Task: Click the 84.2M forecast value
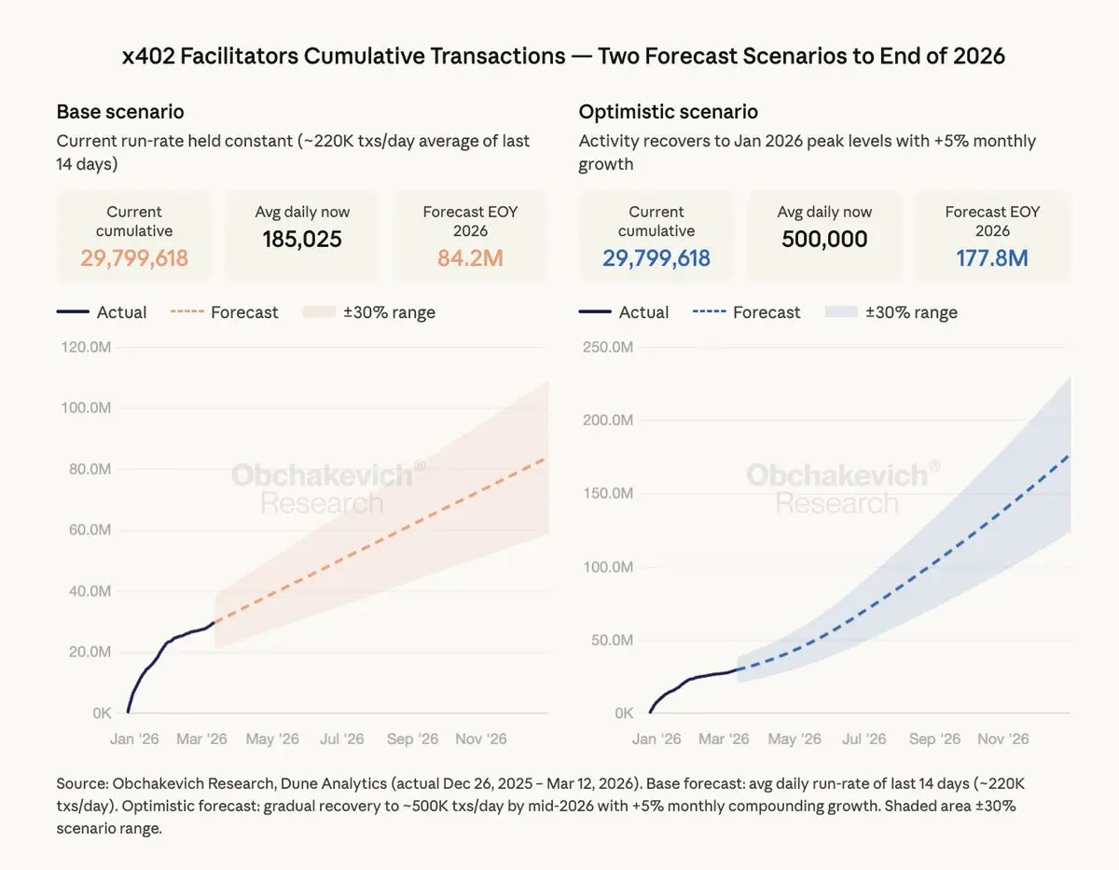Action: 470,257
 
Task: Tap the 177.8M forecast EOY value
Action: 992,257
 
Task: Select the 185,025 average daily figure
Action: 302,239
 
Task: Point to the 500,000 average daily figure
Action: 824,239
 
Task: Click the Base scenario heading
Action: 120,112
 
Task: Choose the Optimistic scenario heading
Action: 668,112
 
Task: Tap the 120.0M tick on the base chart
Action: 87,347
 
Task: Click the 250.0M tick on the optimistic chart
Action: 609,347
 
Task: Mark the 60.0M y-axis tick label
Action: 89,530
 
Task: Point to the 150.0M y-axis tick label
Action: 609,493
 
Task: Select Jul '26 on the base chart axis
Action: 342,739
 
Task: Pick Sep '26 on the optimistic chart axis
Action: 934,739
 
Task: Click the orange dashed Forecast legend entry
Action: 225,312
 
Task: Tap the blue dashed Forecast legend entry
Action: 747,312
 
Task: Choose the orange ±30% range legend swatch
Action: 318,312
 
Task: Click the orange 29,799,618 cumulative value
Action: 134,257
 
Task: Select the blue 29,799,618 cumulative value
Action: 656,257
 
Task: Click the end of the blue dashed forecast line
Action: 1069,455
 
